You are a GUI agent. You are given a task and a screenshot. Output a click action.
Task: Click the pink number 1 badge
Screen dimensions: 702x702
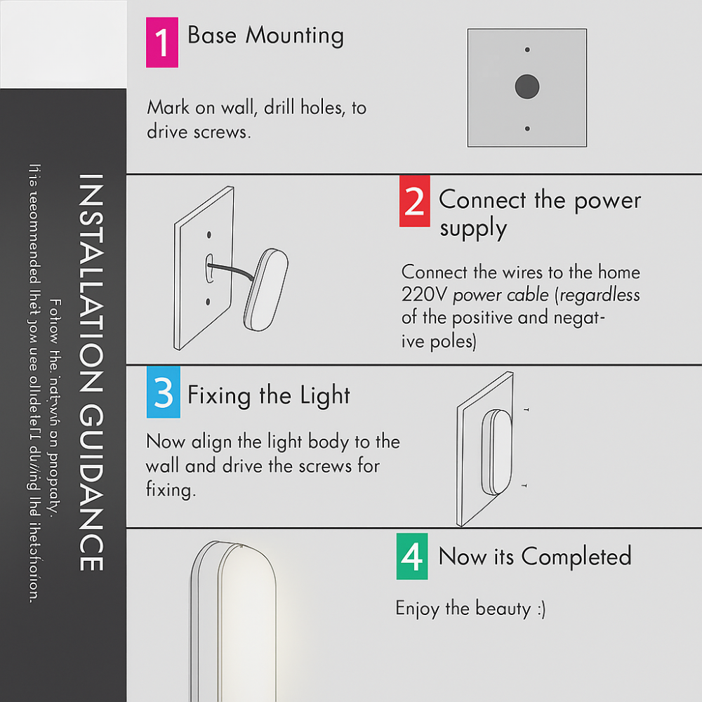coord(161,43)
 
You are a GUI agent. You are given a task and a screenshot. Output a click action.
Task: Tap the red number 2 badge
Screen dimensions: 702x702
coord(414,201)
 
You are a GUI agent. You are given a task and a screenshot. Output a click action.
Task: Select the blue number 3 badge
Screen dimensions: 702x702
coord(163,393)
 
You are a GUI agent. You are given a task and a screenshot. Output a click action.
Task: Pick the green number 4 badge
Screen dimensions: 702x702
coord(411,556)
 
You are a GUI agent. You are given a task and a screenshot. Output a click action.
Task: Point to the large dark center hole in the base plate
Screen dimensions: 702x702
coord(526,87)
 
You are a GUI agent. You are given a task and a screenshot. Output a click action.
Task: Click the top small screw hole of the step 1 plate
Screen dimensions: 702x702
coord(527,50)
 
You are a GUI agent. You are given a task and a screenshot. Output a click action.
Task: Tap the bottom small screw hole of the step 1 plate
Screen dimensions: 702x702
coord(527,128)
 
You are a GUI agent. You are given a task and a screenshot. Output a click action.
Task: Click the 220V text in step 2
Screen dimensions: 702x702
coord(424,295)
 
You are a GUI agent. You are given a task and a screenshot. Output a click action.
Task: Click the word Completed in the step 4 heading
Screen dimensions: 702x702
coord(576,557)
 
